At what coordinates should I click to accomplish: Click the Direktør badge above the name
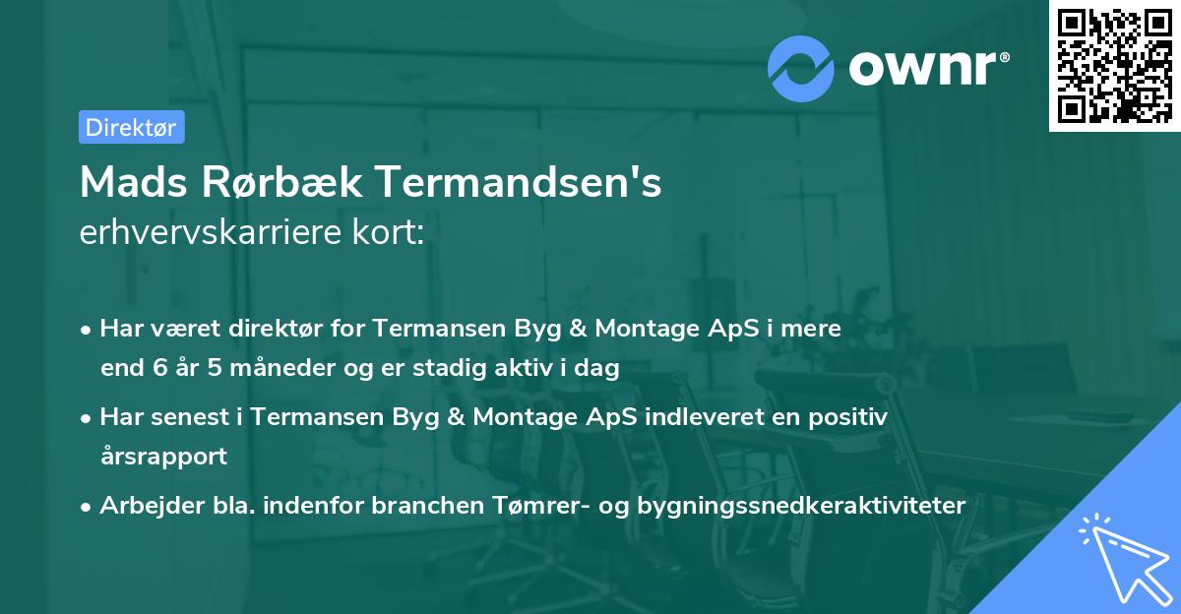point(131,127)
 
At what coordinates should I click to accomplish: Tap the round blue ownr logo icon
point(801,68)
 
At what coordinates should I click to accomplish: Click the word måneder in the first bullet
point(256,369)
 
